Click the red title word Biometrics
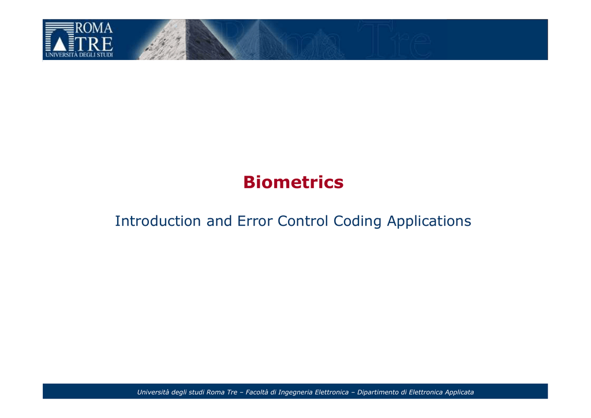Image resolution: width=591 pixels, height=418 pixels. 293,182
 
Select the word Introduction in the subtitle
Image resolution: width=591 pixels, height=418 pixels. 158,221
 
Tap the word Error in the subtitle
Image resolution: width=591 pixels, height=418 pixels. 255,221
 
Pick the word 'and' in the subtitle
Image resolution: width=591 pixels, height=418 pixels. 219,221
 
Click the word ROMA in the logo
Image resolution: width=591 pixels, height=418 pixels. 94,28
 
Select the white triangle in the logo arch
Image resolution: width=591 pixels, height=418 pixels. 59,44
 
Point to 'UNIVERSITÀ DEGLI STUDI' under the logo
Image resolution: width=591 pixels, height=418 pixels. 79,55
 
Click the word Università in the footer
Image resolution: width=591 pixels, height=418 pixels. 153,392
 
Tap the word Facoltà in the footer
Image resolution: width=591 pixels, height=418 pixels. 257,392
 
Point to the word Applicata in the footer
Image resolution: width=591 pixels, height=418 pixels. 459,393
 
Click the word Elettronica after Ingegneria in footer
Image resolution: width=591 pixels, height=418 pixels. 332,392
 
